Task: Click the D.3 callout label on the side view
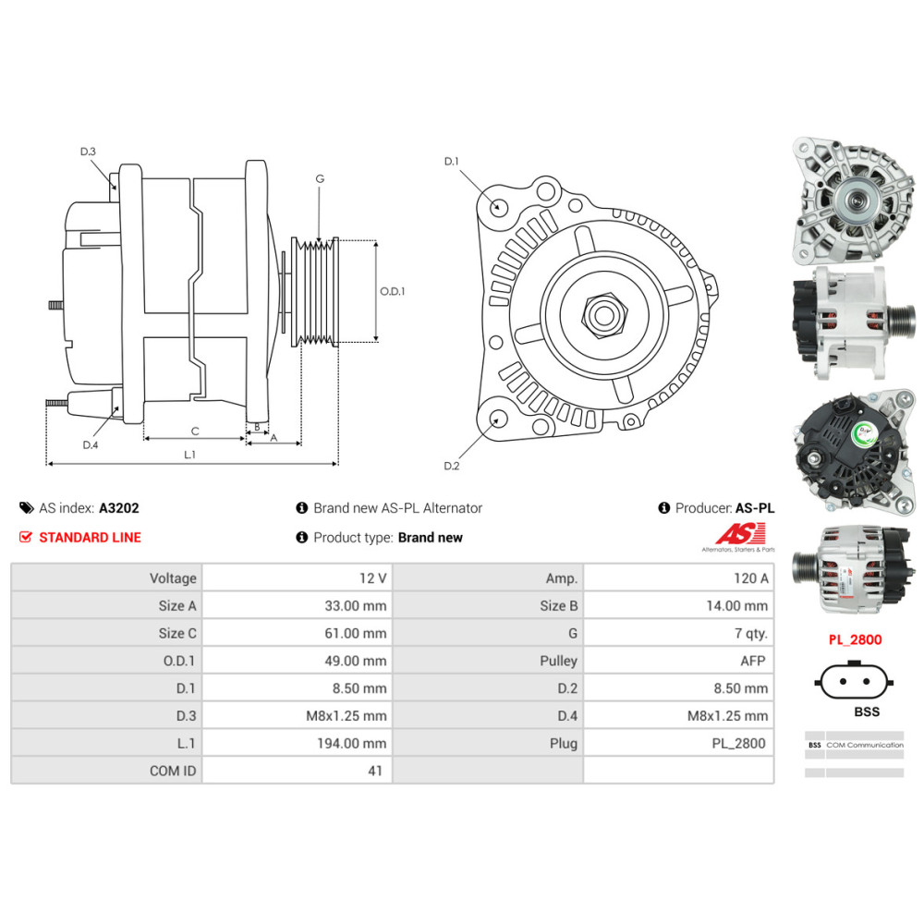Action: click(x=88, y=151)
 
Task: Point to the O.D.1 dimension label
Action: click(x=393, y=291)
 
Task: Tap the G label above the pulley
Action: click(x=320, y=178)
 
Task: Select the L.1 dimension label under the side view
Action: click(x=189, y=455)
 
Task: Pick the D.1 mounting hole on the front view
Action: click(x=498, y=206)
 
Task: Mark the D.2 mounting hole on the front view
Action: click(x=498, y=420)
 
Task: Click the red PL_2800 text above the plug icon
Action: click(x=854, y=639)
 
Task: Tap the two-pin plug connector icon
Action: click(x=854, y=683)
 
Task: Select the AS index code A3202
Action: click(x=119, y=507)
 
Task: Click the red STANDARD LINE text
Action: click(x=90, y=537)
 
